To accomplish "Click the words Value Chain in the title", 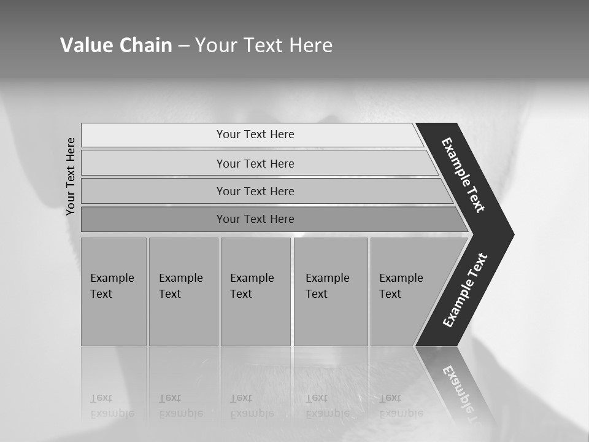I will coord(116,45).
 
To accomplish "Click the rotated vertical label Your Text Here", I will coord(71,176).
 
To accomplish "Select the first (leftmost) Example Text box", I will coord(114,292).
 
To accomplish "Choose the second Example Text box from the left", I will coord(183,292).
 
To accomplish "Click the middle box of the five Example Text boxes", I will coord(255,292).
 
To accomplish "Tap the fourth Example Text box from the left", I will coord(330,292).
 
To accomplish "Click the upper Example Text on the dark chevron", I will coord(464,175).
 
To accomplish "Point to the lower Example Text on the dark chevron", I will coord(465,290).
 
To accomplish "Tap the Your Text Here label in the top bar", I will coord(255,134).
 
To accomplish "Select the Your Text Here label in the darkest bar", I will coord(255,219).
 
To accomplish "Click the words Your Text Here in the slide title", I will coord(264,45).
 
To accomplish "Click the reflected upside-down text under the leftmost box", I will coord(112,406).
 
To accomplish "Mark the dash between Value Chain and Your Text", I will coord(183,46).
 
